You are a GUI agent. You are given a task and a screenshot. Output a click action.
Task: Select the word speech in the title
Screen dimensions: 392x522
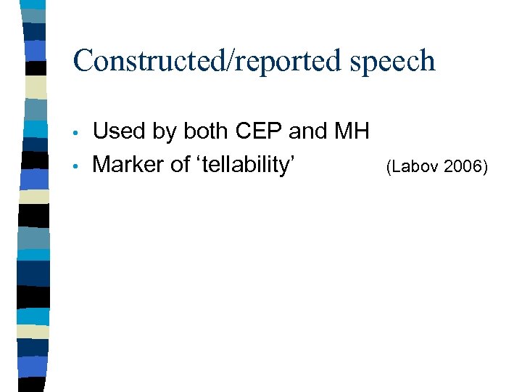pos(392,61)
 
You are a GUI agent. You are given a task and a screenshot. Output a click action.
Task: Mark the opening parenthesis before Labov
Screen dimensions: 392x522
pos(389,168)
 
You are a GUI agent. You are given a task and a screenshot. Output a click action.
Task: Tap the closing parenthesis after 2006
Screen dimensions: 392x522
pos(486,168)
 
